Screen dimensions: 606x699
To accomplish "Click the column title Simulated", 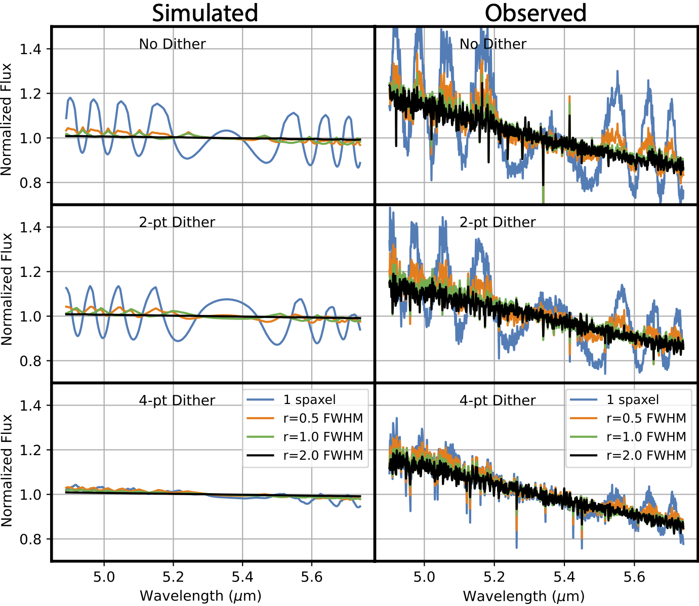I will pyautogui.click(x=205, y=13).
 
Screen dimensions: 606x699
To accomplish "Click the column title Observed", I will pyautogui.click(x=536, y=13).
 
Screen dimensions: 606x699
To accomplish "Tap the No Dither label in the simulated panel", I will pyautogui.click(x=172, y=45).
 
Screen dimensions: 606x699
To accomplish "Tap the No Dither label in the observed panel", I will pyautogui.click(x=492, y=45).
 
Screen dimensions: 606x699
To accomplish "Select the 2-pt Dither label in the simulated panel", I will pyautogui.click(x=177, y=222).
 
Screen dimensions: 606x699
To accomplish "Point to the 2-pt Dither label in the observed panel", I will pyautogui.click(x=497, y=222).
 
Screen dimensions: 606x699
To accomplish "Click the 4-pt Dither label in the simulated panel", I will pyautogui.click(x=177, y=400).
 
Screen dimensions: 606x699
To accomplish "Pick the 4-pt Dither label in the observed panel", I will pyautogui.click(x=497, y=400).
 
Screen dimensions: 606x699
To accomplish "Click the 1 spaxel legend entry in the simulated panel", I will pyautogui.click(x=309, y=400).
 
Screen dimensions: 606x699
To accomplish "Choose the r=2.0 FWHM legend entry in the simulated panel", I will pyautogui.click(x=323, y=456).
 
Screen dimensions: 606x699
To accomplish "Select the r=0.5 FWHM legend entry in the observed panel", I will pyautogui.click(x=646, y=419).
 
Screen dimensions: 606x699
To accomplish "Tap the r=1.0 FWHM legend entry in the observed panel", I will pyautogui.click(x=646, y=437).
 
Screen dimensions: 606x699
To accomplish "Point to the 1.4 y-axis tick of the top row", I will pyautogui.click(x=30, y=49).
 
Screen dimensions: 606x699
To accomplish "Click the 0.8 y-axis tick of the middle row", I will pyautogui.click(x=30, y=361).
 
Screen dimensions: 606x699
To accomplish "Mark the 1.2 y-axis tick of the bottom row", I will pyautogui.click(x=30, y=450).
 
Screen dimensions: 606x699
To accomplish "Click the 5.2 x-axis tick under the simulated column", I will pyautogui.click(x=173, y=577).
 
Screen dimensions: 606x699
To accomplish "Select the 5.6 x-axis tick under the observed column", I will pyautogui.click(x=634, y=577).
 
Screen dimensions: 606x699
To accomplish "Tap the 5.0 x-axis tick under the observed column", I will pyautogui.click(x=424, y=577).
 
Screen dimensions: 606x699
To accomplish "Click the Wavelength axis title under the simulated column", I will pyautogui.click(x=200, y=596).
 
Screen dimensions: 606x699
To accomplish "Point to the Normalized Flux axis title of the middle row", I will pyautogui.click(x=7, y=289).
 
